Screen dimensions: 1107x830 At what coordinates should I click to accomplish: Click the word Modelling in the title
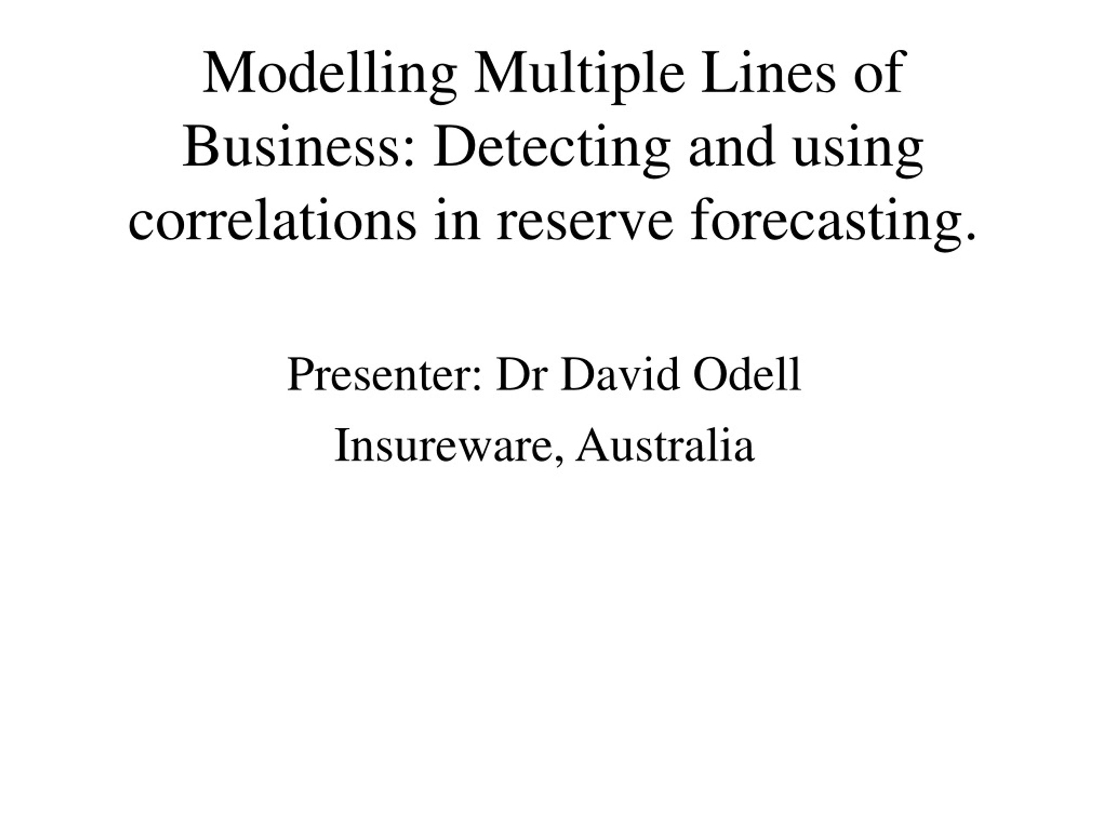330,77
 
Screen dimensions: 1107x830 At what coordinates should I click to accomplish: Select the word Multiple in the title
579,77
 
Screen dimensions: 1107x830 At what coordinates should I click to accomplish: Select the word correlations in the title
272,220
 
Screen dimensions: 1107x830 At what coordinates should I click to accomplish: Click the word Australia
665,445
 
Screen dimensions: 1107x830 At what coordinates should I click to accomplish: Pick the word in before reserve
457,220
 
